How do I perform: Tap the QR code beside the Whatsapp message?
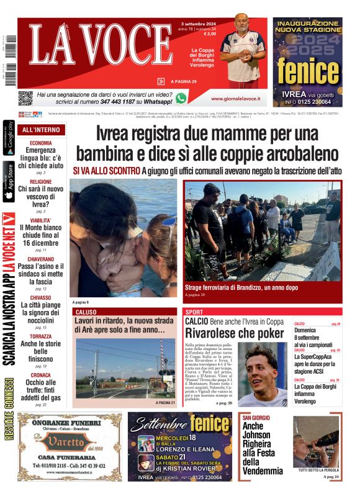[25, 98]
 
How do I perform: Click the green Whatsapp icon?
[181, 98]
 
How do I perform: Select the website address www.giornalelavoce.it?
[235, 99]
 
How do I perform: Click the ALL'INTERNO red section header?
[41, 130]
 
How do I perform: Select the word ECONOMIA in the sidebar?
[41, 143]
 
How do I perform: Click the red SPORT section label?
[194, 312]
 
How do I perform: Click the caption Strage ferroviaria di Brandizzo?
[232, 288]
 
